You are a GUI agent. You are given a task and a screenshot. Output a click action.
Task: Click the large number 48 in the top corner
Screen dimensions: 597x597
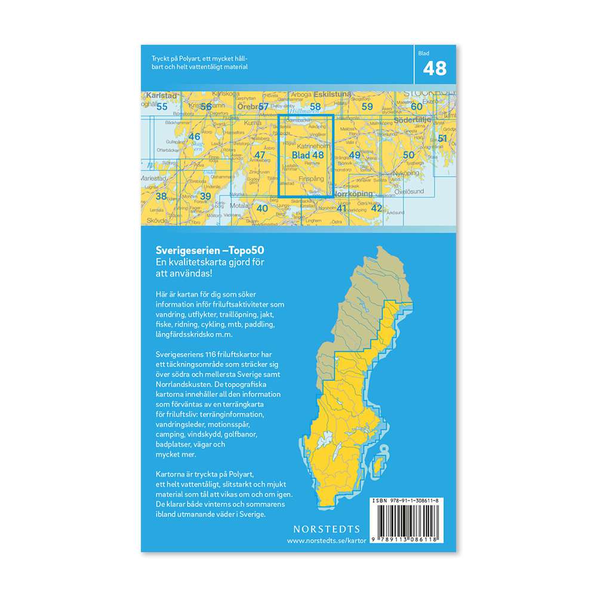pos(435,69)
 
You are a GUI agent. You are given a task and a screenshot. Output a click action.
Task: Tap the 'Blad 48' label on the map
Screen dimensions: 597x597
pos(307,155)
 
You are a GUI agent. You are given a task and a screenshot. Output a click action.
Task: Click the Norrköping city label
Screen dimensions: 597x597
pos(353,194)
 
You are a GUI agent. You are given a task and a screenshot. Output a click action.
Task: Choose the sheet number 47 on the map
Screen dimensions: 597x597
pos(260,155)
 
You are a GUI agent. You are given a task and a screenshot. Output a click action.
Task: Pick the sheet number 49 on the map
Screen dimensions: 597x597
pos(355,155)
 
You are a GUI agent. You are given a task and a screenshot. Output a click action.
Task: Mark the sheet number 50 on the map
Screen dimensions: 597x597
pos(409,155)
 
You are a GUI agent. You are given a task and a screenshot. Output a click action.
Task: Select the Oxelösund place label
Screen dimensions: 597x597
pos(409,191)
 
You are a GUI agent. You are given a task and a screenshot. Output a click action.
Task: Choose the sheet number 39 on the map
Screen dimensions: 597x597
pos(205,196)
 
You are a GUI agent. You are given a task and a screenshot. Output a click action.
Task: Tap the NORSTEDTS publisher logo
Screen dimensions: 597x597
pos(327,529)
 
